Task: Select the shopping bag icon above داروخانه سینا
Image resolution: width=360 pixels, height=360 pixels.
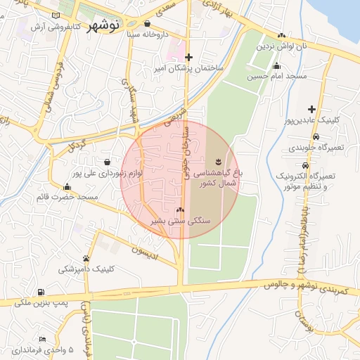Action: pyautogui.click(x=146, y=23)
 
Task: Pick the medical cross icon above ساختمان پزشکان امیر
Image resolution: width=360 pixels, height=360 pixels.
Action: pyautogui.click(x=188, y=58)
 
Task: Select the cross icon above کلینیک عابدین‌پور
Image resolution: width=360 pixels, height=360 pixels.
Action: pyautogui.click(x=311, y=109)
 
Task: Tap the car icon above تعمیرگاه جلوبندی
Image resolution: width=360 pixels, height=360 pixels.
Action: pyautogui.click(x=316, y=136)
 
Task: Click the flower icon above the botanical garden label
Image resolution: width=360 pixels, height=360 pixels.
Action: pyautogui.click(x=217, y=160)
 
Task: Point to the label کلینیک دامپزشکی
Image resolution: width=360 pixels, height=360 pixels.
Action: pyautogui.click(x=86, y=269)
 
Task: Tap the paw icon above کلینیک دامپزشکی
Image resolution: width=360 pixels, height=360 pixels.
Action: pyautogui.click(x=86, y=259)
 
